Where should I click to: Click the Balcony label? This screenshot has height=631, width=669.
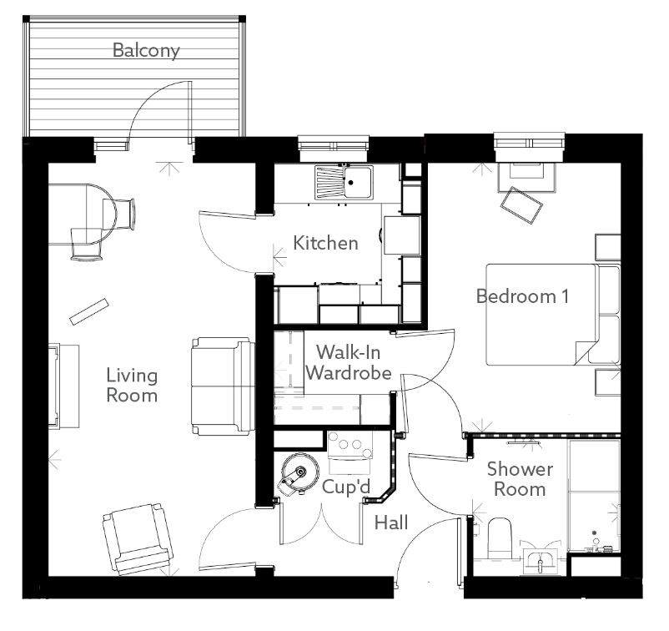click(x=146, y=51)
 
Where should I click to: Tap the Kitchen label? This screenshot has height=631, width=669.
click(x=325, y=244)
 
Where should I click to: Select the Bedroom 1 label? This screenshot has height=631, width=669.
click(x=522, y=295)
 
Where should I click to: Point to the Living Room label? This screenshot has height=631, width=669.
click(x=132, y=385)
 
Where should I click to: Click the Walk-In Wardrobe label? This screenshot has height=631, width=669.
click(x=348, y=363)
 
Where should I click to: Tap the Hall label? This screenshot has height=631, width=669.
click(x=391, y=523)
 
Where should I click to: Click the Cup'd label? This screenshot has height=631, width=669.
click(x=346, y=487)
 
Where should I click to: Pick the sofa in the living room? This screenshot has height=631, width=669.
click(x=222, y=386)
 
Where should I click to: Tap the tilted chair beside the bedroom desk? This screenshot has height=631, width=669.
click(x=521, y=205)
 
